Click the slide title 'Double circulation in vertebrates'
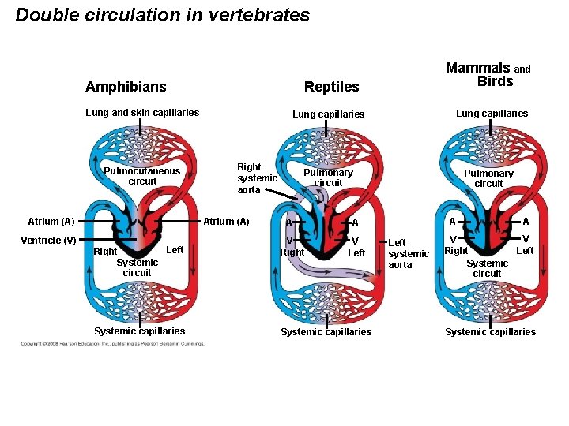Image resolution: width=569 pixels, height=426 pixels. [x=163, y=15]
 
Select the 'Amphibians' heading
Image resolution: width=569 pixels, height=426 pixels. [x=126, y=86]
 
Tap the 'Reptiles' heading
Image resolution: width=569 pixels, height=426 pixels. [x=332, y=86]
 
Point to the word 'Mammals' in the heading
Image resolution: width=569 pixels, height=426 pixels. [x=478, y=68]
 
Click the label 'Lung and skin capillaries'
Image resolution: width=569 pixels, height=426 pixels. [x=142, y=113]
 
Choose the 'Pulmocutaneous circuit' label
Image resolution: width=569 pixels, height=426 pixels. [x=142, y=176]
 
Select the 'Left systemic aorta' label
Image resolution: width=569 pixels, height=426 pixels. [x=408, y=254]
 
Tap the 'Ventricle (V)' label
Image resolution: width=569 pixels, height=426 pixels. [x=48, y=240]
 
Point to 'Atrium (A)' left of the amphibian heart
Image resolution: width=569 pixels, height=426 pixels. [x=51, y=222]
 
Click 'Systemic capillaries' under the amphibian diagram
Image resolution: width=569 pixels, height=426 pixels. [x=139, y=331]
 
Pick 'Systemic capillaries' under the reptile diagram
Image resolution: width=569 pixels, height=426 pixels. [x=326, y=332]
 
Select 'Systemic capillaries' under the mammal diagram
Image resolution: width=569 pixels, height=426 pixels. [x=490, y=332]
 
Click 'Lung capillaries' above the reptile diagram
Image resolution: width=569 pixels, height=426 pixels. [x=328, y=114]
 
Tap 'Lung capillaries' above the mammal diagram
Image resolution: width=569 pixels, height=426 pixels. [x=492, y=114]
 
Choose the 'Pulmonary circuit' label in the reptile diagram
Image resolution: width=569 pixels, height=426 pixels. [x=328, y=177]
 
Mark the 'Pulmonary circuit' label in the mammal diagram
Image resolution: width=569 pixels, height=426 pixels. [x=488, y=178]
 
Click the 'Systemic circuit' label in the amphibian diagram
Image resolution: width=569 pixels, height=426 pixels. [x=137, y=267]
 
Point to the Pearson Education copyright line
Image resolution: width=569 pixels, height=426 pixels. [x=112, y=344]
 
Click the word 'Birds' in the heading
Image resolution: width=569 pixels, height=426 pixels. [x=495, y=81]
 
